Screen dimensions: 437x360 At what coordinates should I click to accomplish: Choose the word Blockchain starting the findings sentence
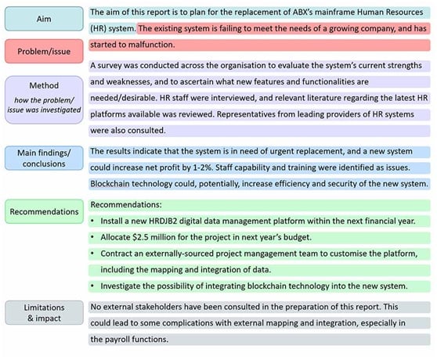pyautogui.click(x=115, y=184)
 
